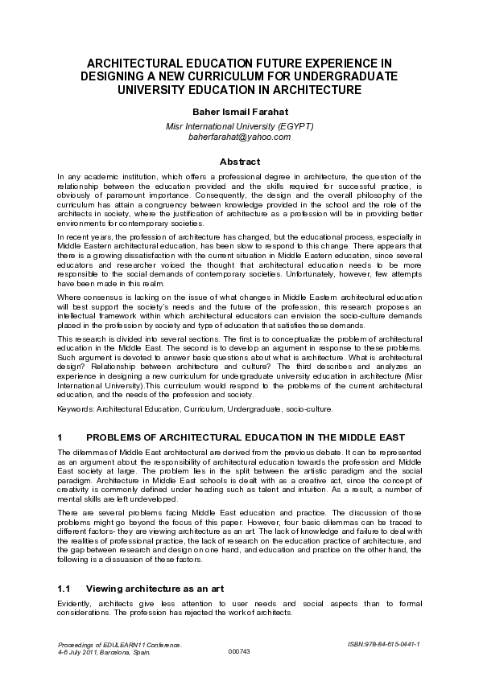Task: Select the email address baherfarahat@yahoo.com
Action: pos(239,137)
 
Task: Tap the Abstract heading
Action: pos(239,162)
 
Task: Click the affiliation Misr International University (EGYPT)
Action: pos(239,126)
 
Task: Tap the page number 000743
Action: pos(239,651)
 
